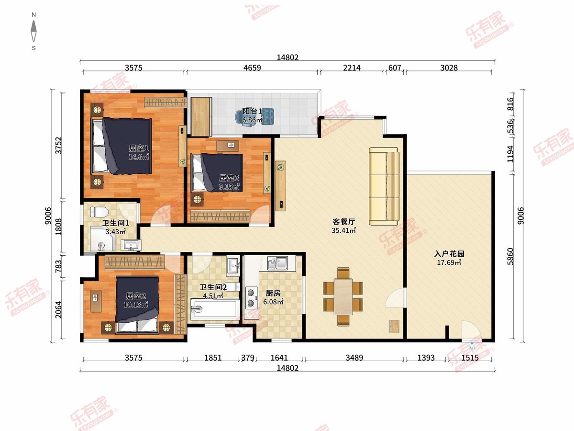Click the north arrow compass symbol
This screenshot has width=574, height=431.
(34, 31)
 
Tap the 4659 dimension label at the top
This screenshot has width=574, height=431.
(252, 68)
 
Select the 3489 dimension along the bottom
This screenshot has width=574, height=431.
(354, 357)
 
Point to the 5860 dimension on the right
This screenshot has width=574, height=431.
(510, 257)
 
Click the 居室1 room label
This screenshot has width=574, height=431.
(139, 148)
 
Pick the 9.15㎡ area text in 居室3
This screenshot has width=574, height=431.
(229, 187)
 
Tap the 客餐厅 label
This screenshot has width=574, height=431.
(344, 222)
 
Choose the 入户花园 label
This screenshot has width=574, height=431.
(449, 254)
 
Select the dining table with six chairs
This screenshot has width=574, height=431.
(343, 296)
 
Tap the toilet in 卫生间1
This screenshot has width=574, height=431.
(99, 212)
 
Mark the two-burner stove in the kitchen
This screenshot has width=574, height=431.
(251, 298)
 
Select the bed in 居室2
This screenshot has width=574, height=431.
(137, 305)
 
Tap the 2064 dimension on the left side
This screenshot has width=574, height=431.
(58, 309)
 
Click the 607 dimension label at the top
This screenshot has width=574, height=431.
(395, 68)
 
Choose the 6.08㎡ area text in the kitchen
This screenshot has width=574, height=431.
(273, 302)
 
